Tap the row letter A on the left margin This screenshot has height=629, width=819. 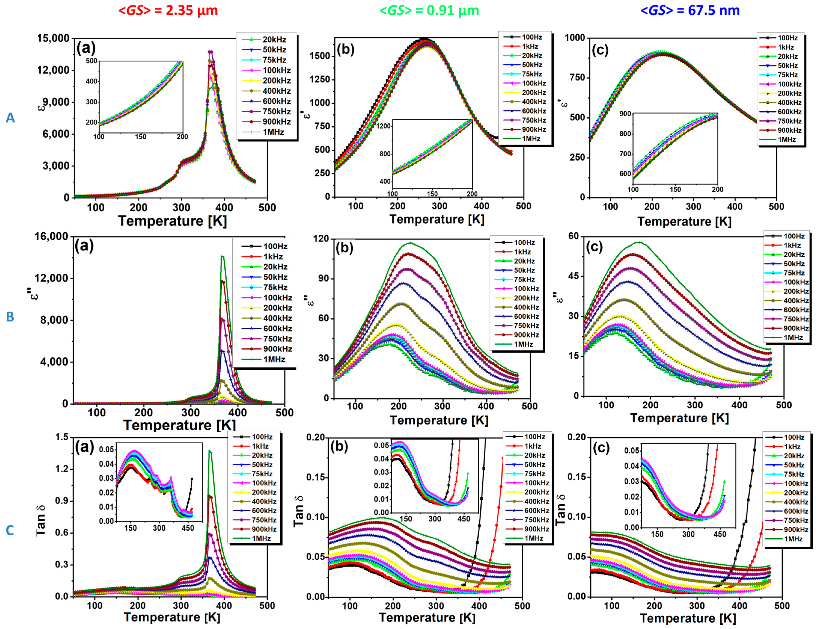tap(10, 118)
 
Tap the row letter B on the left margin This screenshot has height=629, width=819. tap(10, 317)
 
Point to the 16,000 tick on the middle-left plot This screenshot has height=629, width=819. tap(51, 237)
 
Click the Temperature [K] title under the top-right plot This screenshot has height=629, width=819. tap(684, 221)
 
